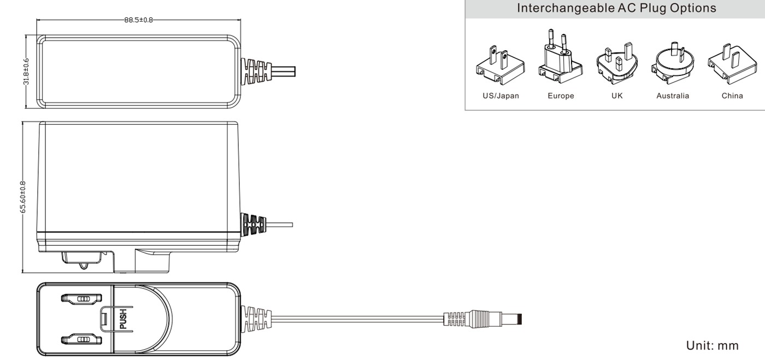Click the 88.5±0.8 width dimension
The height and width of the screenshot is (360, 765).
138,20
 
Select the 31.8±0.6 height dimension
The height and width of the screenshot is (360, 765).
26,72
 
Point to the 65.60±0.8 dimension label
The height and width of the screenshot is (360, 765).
23,197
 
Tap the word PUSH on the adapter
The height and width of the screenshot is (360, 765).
123,319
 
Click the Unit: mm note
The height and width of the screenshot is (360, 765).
713,345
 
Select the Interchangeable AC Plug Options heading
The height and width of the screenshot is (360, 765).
616,8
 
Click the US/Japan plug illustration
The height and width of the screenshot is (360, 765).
501,65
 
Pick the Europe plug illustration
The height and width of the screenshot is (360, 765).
561,57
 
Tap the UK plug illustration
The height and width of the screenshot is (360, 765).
617,63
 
